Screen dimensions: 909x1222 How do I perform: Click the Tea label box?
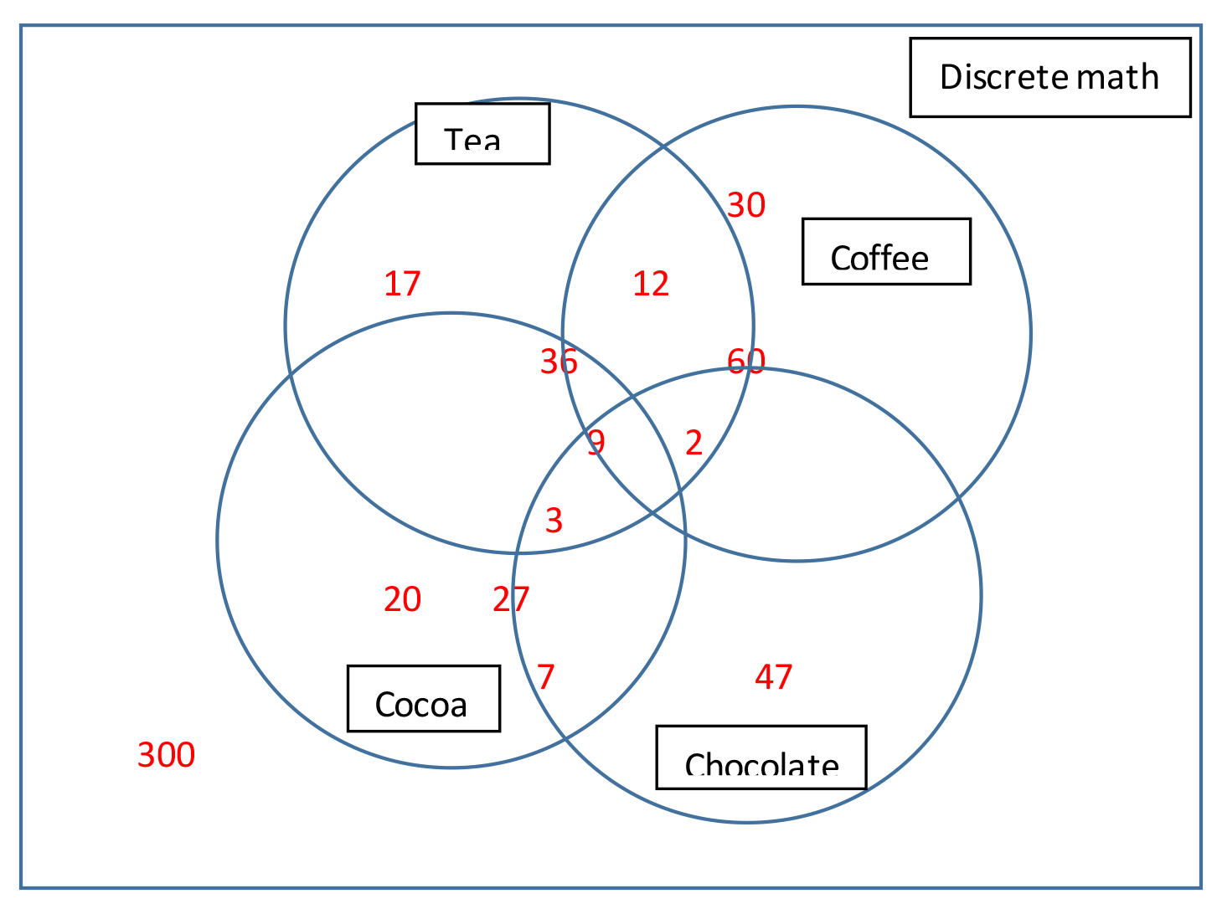482,134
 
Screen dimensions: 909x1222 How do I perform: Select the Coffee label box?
886,252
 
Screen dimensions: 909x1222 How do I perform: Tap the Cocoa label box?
423,699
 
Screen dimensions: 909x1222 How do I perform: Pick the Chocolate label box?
761,757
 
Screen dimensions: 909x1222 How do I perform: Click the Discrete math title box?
1049,77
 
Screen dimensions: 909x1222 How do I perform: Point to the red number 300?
167,755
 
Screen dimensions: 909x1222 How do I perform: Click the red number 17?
402,284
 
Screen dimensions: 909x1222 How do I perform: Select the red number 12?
651,284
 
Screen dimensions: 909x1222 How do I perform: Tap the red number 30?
746,205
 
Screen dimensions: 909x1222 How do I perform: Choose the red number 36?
559,362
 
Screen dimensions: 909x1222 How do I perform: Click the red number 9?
596,441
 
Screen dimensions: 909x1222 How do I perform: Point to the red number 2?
693,442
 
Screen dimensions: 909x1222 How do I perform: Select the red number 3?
554,521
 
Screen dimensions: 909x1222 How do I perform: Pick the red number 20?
402,599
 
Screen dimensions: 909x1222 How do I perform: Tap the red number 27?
511,599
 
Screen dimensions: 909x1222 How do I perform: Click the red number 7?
546,676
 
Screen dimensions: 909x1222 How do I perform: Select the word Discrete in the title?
1003,77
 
